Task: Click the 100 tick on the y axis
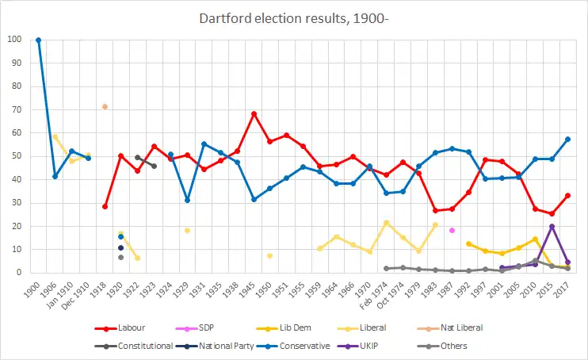[x=15, y=40]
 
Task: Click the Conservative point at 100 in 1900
[x=38, y=40]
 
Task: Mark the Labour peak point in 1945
[x=254, y=113]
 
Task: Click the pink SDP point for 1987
[x=452, y=230]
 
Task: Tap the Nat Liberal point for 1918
[x=105, y=106]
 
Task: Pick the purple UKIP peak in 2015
[x=552, y=226]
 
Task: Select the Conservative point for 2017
[x=568, y=139]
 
